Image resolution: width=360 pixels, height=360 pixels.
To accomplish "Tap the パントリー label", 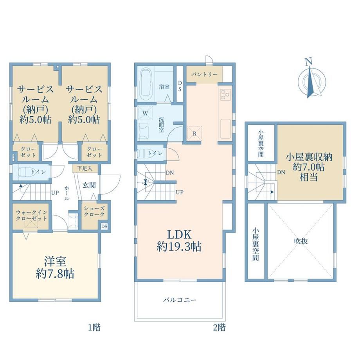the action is click(x=204, y=75).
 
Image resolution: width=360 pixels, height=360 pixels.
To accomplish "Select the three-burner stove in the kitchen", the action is click(x=225, y=94).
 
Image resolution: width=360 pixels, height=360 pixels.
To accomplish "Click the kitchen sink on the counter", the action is click(x=225, y=129).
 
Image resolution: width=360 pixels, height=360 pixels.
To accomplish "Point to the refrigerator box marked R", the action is click(x=194, y=133).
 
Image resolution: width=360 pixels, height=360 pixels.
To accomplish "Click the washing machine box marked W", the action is click(x=145, y=113).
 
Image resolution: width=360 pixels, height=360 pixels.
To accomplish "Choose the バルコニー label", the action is click(x=180, y=300).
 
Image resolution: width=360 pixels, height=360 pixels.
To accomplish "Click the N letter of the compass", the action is click(x=309, y=61).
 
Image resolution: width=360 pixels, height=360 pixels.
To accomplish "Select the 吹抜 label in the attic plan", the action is click(x=301, y=241).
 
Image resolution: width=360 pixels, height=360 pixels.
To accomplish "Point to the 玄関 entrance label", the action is click(x=89, y=185).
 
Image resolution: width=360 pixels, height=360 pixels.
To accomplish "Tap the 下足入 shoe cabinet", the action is click(x=85, y=168).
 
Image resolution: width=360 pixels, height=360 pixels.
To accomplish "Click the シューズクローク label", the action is click(x=94, y=211).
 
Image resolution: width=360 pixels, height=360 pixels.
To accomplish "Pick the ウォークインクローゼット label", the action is click(x=31, y=215).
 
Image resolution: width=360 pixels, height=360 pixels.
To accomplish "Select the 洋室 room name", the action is click(x=55, y=261).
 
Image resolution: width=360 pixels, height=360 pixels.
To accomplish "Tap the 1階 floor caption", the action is click(x=94, y=327).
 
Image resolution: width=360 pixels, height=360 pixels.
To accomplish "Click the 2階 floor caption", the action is click(x=219, y=327).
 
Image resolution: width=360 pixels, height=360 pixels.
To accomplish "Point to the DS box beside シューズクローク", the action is click(x=104, y=227).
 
